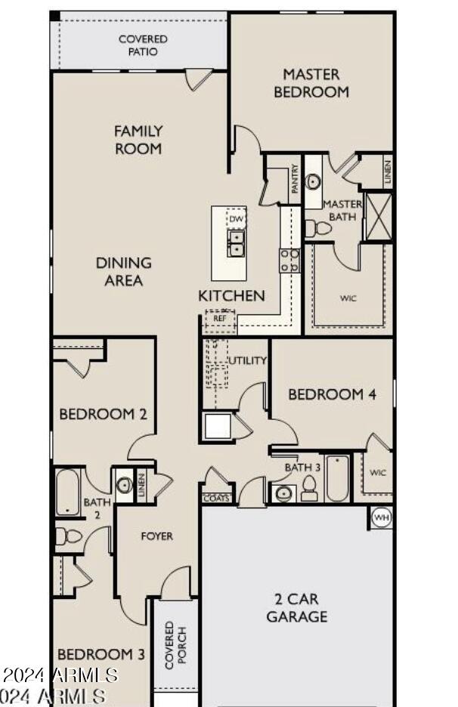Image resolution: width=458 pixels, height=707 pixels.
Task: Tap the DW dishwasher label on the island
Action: pyautogui.click(x=237, y=219)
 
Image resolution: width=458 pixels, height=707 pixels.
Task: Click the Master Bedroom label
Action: pyautogui.click(x=311, y=83)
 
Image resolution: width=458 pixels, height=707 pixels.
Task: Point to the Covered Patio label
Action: pyautogui.click(x=143, y=45)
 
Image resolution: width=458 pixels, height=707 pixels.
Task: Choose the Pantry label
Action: pyautogui.click(x=295, y=179)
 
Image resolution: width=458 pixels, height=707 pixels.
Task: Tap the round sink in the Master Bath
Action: pyautogui.click(x=314, y=182)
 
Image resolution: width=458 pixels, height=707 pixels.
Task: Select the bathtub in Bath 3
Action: pyautogui.click(x=337, y=478)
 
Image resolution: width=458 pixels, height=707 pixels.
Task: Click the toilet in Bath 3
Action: pyautogui.click(x=308, y=490)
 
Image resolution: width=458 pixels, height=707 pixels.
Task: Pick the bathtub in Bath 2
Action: pyautogui.click(x=67, y=492)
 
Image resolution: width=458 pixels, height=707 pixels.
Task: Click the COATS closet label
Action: pyautogui.click(x=215, y=499)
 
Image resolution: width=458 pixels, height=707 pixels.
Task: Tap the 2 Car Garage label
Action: pyautogui.click(x=297, y=608)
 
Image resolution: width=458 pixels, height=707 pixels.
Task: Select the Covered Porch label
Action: pyautogui.click(x=175, y=645)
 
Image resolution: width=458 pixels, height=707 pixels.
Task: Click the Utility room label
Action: pyautogui.click(x=248, y=360)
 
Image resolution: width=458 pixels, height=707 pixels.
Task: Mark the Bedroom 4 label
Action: pyautogui.click(x=332, y=394)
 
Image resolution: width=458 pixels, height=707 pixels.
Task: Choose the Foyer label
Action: pyautogui.click(x=157, y=536)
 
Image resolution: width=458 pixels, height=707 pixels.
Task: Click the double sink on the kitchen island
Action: pyautogui.click(x=237, y=244)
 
